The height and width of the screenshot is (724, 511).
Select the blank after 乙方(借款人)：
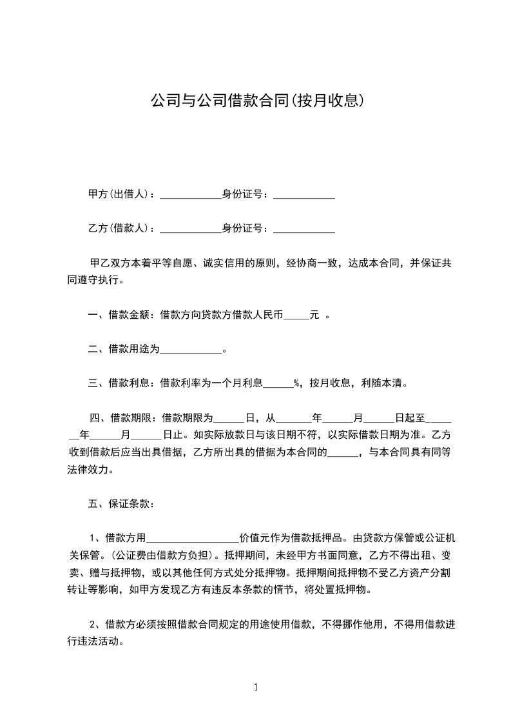click(190, 229)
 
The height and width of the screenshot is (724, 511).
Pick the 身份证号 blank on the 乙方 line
click(304, 229)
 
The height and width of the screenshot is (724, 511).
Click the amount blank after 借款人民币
click(296, 316)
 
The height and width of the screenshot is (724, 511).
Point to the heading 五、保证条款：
click(121, 503)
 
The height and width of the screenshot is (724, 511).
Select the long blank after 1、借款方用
click(193, 538)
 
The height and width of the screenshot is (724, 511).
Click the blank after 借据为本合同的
click(343, 453)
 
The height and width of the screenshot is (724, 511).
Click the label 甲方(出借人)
click(121, 194)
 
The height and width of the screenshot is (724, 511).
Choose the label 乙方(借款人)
click(121, 228)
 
